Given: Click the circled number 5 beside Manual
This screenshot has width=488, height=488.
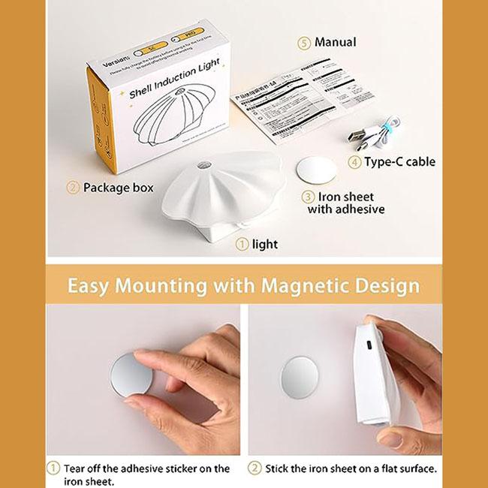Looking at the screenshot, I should coord(303,43).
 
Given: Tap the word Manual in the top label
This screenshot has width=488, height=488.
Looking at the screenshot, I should coord(336,43).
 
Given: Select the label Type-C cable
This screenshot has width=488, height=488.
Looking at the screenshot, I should coord(400,161).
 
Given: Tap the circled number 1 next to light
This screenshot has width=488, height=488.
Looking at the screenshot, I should coord(242,244).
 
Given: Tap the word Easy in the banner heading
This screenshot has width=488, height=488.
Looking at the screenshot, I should coord(91,286).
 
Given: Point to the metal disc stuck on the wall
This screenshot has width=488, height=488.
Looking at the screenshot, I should coord(302,375).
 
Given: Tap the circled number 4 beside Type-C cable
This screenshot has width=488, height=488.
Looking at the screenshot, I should coord(353,161).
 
